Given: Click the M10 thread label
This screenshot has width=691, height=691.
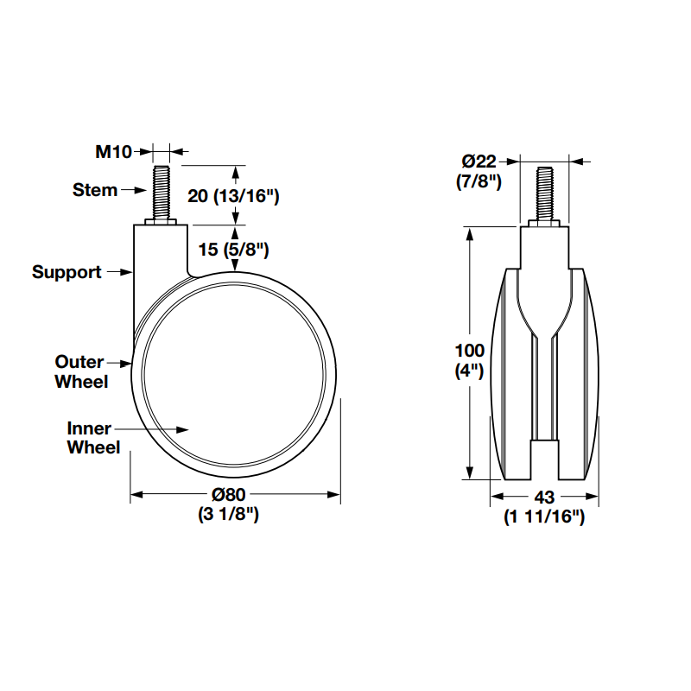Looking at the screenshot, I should pyautogui.click(x=112, y=152).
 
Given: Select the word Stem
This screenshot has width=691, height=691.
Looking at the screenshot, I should pyautogui.click(x=95, y=190).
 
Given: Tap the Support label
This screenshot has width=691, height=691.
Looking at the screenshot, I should pyautogui.click(x=67, y=272).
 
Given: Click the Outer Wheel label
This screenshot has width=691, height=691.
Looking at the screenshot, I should pyautogui.click(x=80, y=371).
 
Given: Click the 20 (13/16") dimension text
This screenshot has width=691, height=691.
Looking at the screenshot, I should pyautogui.click(x=233, y=196).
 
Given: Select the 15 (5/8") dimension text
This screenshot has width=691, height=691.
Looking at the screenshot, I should pyautogui.click(x=234, y=250).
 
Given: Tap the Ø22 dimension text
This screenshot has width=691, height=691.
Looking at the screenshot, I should pyautogui.click(x=479, y=162).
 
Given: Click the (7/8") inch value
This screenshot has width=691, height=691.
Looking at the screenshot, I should pyautogui.click(x=479, y=181).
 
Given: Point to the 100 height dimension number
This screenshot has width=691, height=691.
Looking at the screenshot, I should pyautogui.click(x=470, y=351).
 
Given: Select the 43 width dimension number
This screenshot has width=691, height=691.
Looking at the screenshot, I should pyautogui.click(x=544, y=498).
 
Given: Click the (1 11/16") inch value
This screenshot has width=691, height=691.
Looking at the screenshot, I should pyautogui.click(x=544, y=517).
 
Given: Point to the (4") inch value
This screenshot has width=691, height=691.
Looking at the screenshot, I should pyautogui.click(x=470, y=371).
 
